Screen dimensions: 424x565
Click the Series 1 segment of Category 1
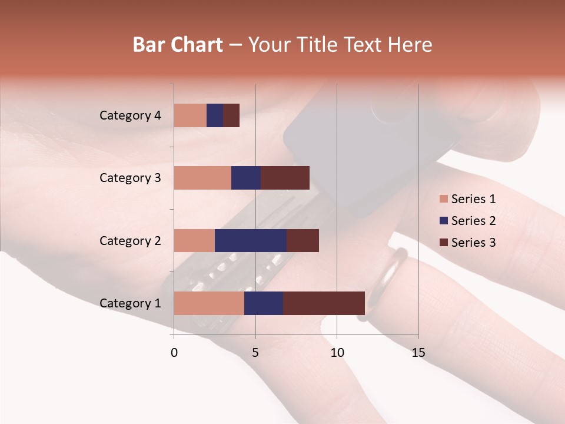[x=209, y=303]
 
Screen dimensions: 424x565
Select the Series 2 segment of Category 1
[x=264, y=303]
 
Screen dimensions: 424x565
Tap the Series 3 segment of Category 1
[x=324, y=303]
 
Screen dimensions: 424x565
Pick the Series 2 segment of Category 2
[x=251, y=240]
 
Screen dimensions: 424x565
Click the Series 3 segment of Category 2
[x=303, y=240]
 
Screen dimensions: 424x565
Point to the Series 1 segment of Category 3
[x=202, y=178]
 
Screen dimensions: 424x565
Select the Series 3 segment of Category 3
[x=285, y=178]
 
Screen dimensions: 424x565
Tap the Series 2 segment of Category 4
[x=215, y=115]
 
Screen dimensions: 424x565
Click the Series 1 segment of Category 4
[x=190, y=115]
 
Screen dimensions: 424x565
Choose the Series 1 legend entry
[x=467, y=199]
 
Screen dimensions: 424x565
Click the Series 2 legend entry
[x=467, y=221]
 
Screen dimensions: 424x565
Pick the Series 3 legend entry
[x=467, y=242]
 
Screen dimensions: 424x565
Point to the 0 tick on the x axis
[x=174, y=353]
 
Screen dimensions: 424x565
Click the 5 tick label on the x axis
[x=255, y=353]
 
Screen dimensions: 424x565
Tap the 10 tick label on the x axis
[x=337, y=353]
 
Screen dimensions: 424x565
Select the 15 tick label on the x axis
[x=418, y=353]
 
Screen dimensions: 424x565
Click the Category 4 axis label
[x=130, y=115]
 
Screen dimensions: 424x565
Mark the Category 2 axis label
[x=130, y=240]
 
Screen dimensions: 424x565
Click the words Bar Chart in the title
[x=178, y=45]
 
